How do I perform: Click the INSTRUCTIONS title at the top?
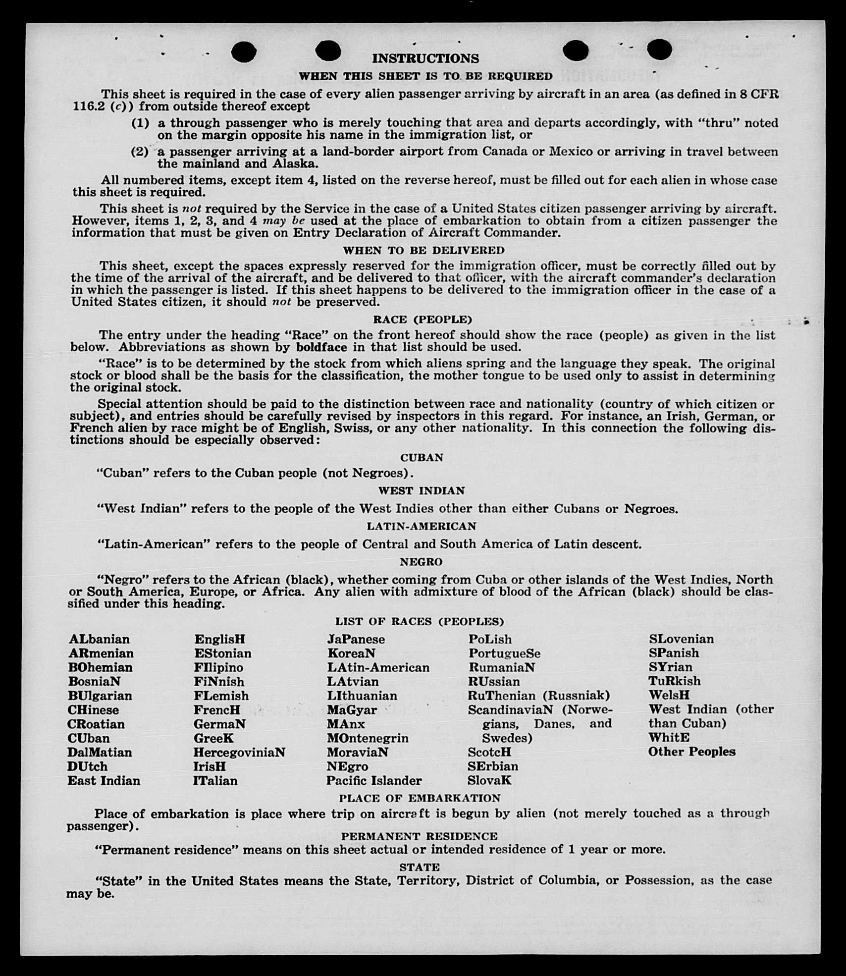click(x=425, y=58)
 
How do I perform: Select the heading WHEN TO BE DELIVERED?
click(x=423, y=250)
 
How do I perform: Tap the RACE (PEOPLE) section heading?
click(x=422, y=320)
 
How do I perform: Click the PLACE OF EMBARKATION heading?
click(x=420, y=798)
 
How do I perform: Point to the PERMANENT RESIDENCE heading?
click(x=419, y=836)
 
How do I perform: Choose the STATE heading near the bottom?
click(x=420, y=868)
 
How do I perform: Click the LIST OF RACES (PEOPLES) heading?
click(x=420, y=621)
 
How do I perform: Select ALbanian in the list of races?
click(x=99, y=639)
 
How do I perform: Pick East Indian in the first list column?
click(x=104, y=781)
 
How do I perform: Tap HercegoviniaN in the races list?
click(x=239, y=753)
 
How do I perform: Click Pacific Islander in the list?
click(x=374, y=781)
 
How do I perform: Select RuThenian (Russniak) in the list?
click(x=539, y=696)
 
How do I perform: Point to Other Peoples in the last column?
click(x=692, y=752)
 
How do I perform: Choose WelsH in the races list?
click(x=669, y=695)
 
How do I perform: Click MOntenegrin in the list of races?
click(x=368, y=738)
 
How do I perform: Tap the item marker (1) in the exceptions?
click(x=140, y=123)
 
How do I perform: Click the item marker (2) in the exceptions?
click(x=140, y=152)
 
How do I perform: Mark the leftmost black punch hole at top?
click(x=244, y=52)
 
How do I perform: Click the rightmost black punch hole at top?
click(x=659, y=50)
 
